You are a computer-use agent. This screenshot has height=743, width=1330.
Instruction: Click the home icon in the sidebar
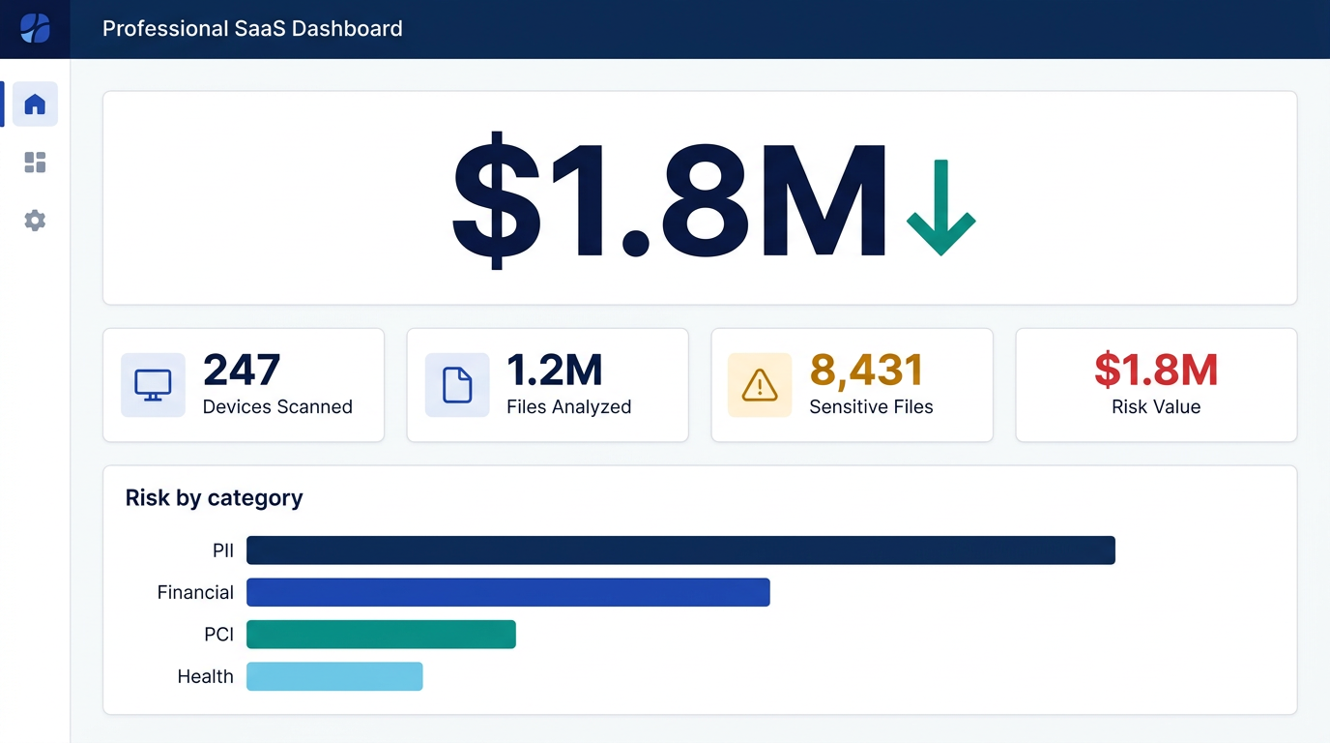coord(35,104)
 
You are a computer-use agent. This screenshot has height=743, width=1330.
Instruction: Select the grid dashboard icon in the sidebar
coord(35,163)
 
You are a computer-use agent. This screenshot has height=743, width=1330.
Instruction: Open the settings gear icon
coord(35,221)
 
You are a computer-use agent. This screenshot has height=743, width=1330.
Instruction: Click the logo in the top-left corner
coord(35,29)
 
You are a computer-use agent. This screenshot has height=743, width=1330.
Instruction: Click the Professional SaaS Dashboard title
coord(252,29)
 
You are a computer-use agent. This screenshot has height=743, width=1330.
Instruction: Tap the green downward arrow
coord(940,207)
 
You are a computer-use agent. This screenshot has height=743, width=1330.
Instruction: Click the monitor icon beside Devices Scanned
coord(153,385)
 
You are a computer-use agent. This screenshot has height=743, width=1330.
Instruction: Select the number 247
coord(242,370)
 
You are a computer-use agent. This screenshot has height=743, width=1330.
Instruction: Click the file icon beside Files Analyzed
coord(457,385)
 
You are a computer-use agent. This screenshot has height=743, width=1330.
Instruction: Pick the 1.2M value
coord(555,370)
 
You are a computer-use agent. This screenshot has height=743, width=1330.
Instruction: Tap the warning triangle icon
coord(760,385)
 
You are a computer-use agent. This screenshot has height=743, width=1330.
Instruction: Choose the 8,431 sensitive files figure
coord(866,370)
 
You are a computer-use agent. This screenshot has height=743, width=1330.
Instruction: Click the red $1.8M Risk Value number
coord(1156,370)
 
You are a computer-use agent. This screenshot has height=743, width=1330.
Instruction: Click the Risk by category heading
coord(214,498)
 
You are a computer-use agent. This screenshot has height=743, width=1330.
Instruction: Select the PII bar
coord(680,550)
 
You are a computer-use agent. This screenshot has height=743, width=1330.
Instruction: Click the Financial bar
coord(507,592)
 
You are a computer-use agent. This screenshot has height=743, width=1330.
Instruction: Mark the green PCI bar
coord(381,635)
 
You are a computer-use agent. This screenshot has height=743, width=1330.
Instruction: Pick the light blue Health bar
coord(334,676)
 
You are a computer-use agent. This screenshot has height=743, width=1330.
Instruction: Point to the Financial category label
coord(195,592)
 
